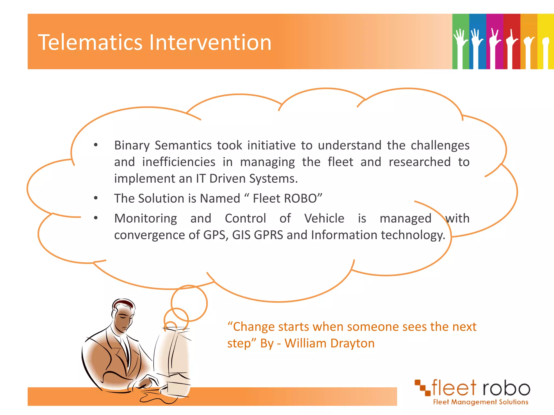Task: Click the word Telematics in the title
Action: (90, 42)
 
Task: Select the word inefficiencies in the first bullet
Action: (179, 162)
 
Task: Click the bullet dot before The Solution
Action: (96, 198)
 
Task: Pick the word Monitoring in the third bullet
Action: (146, 218)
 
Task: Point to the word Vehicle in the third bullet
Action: (324, 218)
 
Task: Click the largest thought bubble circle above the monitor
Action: (189, 303)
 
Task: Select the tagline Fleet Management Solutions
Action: (480, 402)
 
